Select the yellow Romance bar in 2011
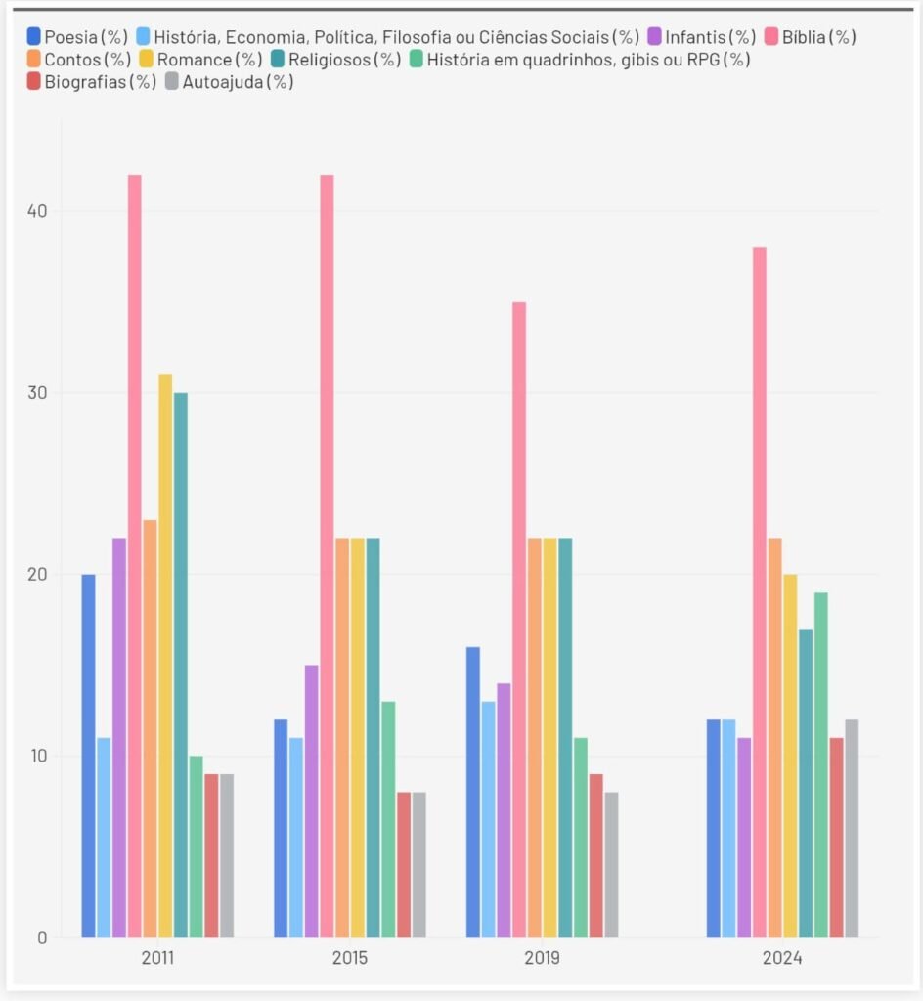tap(165, 655)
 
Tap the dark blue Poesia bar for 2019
tap(473, 792)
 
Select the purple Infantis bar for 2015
tap(311, 801)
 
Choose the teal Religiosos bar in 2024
tap(806, 782)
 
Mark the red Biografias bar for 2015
tap(404, 864)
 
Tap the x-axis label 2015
tap(350, 958)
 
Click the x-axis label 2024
tap(782, 958)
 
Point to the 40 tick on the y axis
tap(37, 211)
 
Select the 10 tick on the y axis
tap(37, 756)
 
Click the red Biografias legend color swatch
tap(34, 82)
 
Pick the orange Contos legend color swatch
tap(34, 60)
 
